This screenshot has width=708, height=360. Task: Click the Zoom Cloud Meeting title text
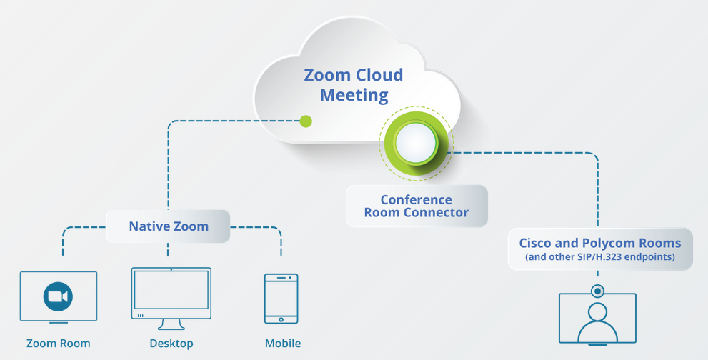pos(354,84)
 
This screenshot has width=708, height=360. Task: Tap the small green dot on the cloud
pos(306,121)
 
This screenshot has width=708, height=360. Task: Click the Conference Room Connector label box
pos(416,206)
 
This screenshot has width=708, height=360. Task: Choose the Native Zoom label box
pos(169,226)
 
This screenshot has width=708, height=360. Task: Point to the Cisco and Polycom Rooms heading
pos(599,243)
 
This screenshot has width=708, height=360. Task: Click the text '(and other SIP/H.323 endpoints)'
pos(599,257)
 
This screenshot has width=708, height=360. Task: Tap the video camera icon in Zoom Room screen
pos(58,296)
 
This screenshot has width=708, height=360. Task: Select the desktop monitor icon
pos(171,294)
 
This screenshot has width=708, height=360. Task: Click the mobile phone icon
pos(281,299)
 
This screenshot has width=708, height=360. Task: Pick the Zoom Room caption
pos(59,344)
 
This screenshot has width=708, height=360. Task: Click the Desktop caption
pos(171,344)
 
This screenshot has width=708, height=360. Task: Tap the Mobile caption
pos(282,344)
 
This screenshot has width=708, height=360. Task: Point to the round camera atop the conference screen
pos(597,291)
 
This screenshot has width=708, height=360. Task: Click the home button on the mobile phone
pos(281,319)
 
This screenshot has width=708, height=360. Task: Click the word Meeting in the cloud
pos(354,94)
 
